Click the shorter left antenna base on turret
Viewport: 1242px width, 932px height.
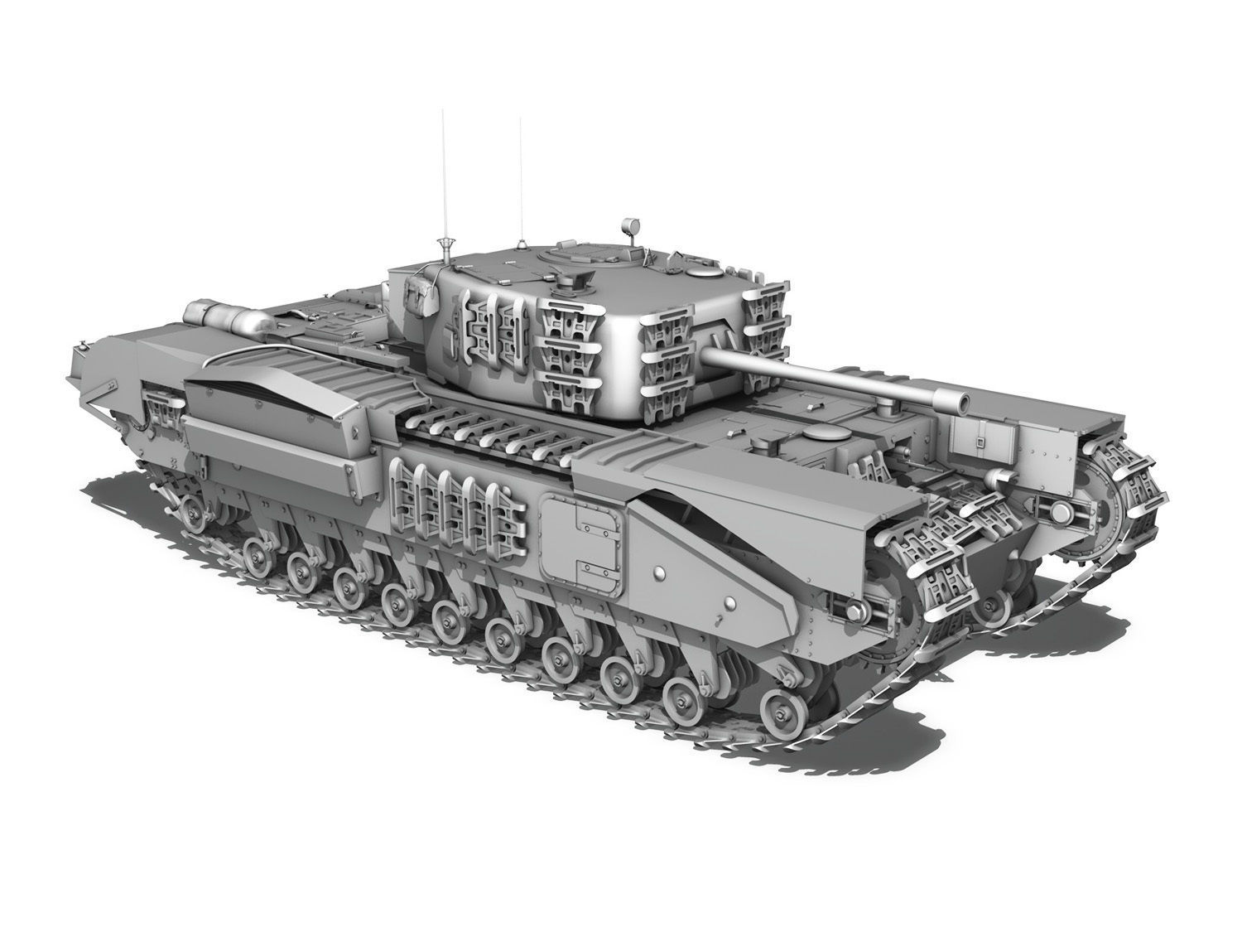[x=445, y=244]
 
